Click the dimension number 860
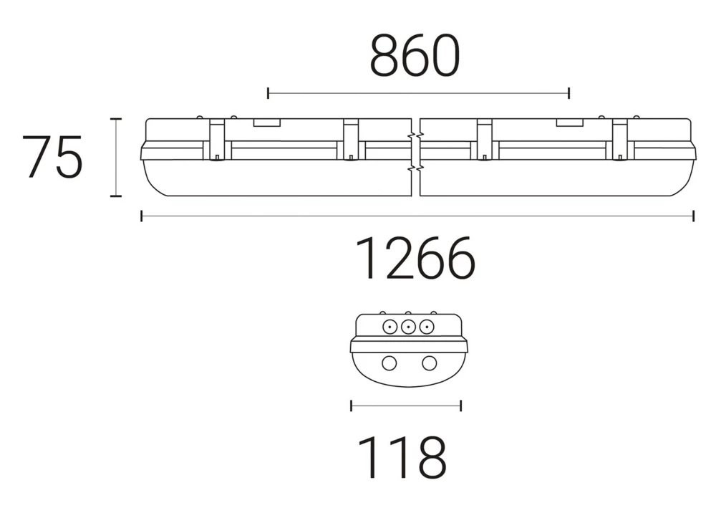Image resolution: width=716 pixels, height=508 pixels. [414, 57]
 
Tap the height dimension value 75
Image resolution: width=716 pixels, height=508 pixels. [52, 157]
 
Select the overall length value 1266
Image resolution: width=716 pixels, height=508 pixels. [416, 259]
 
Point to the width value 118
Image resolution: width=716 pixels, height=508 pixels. [402, 457]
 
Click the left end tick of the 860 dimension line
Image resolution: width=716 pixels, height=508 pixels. [268, 93]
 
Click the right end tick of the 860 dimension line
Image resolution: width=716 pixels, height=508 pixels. [569, 93]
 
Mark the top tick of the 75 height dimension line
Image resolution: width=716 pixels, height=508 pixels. [115, 119]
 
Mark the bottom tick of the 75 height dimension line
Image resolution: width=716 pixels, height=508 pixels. [115, 196]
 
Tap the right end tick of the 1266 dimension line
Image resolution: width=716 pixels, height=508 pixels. [693, 216]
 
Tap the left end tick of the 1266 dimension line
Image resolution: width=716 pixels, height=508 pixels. [142, 216]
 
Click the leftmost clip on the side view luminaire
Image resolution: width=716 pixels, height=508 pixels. [217, 140]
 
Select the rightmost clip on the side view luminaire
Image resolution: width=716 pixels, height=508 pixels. [619, 140]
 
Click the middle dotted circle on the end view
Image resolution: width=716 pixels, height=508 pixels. [408, 327]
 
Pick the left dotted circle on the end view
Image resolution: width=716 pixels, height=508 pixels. [390, 327]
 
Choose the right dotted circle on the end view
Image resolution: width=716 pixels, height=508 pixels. [427, 327]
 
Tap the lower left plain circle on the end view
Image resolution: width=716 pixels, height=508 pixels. [388, 363]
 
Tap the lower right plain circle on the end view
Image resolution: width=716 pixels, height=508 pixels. [429, 363]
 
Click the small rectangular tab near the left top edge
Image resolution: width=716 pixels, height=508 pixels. [266, 123]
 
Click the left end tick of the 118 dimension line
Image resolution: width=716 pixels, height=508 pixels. [351, 406]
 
